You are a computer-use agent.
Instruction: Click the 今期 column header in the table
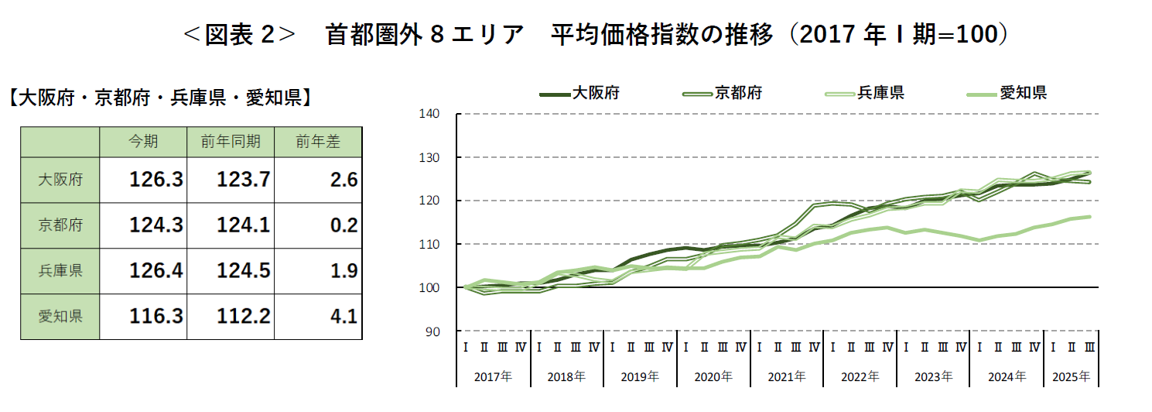coord(143,142)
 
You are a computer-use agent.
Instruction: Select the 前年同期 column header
coord(231,142)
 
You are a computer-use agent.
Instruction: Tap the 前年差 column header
coord(318,142)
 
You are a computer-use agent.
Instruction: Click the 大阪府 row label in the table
coord(60,180)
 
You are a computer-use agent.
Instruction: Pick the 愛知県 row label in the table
coord(60,316)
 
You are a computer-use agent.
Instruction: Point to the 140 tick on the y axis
coord(431,115)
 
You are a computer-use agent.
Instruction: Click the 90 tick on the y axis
coord(434,331)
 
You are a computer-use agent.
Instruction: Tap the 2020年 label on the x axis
coord(713,377)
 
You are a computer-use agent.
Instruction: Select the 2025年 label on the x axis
coord(1072,377)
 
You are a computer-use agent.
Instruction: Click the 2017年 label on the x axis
coord(493,377)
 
